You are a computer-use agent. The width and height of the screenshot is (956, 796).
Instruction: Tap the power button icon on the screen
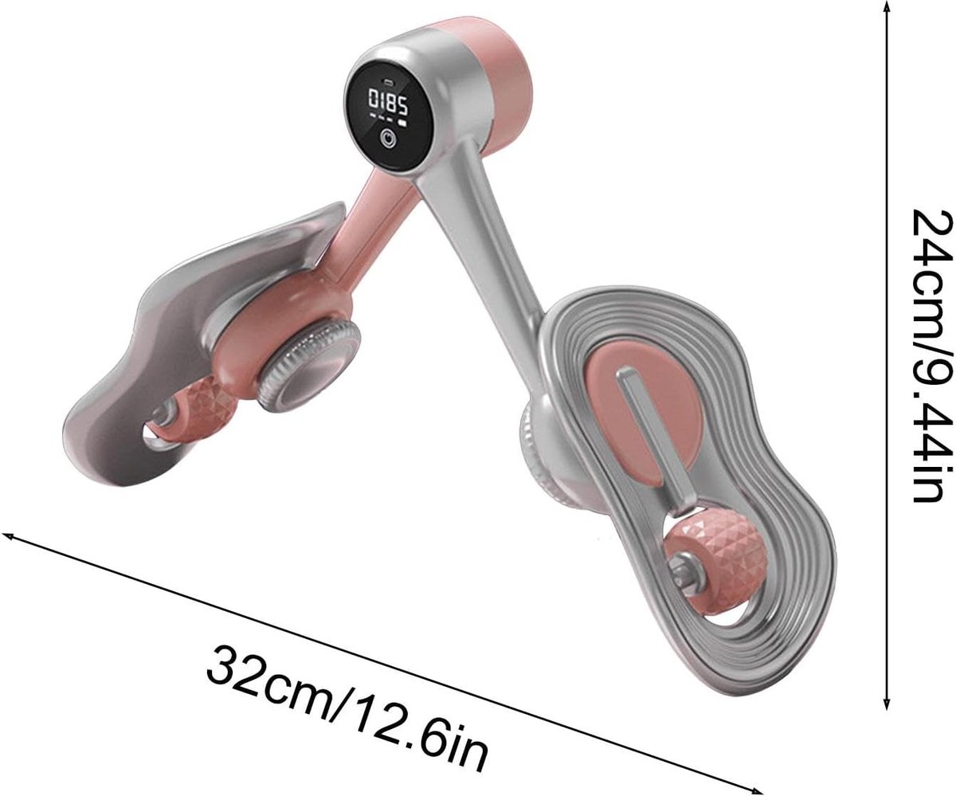pos(388,139)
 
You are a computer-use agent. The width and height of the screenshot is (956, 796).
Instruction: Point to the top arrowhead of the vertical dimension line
pos(887,7)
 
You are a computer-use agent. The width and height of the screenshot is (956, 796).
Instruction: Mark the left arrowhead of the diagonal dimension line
pos(9,535)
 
